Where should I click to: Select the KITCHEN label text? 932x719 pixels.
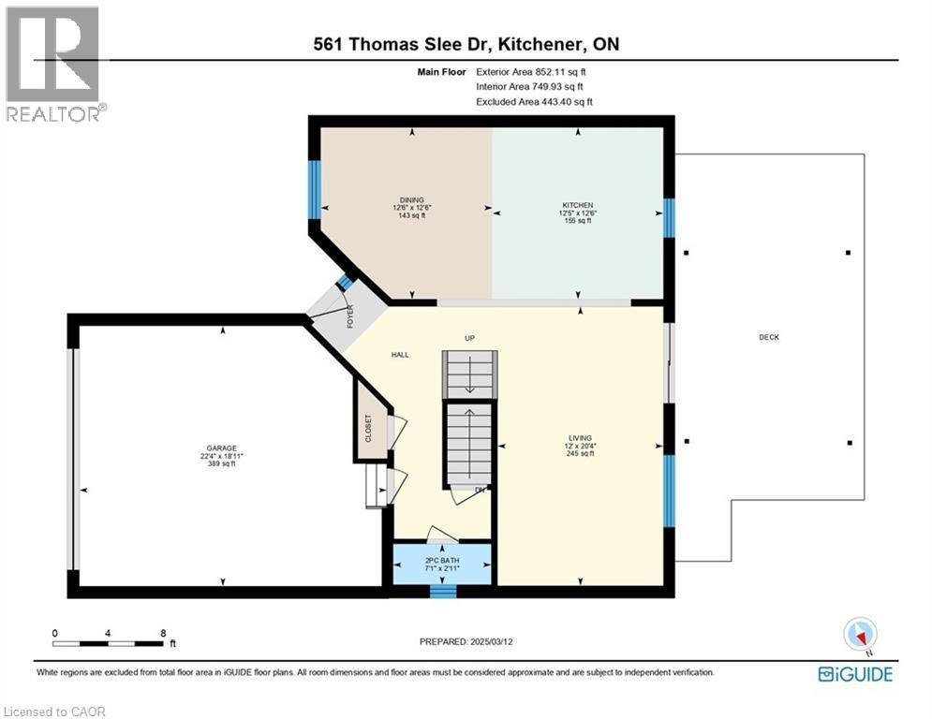pyautogui.click(x=578, y=205)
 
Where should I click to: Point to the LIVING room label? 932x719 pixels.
pyautogui.click(x=580, y=437)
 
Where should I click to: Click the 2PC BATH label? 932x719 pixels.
pyautogui.click(x=442, y=561)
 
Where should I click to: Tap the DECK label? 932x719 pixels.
pyautogui.click(x=769, y=337)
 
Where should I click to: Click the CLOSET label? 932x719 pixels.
pyautogui.click(x=368, y=428)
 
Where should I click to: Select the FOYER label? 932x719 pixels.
pyautogui.click(x=350, y=318)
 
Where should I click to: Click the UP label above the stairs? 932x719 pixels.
pyautogui.click(x=471, y=338)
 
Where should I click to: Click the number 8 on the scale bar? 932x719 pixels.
pyautogui.click(x=163, y=633)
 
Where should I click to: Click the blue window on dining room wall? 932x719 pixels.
pyautogui.click(x=315, y=189)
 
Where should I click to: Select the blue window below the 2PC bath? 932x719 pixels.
pyautogui.click(x=442, y=590)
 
